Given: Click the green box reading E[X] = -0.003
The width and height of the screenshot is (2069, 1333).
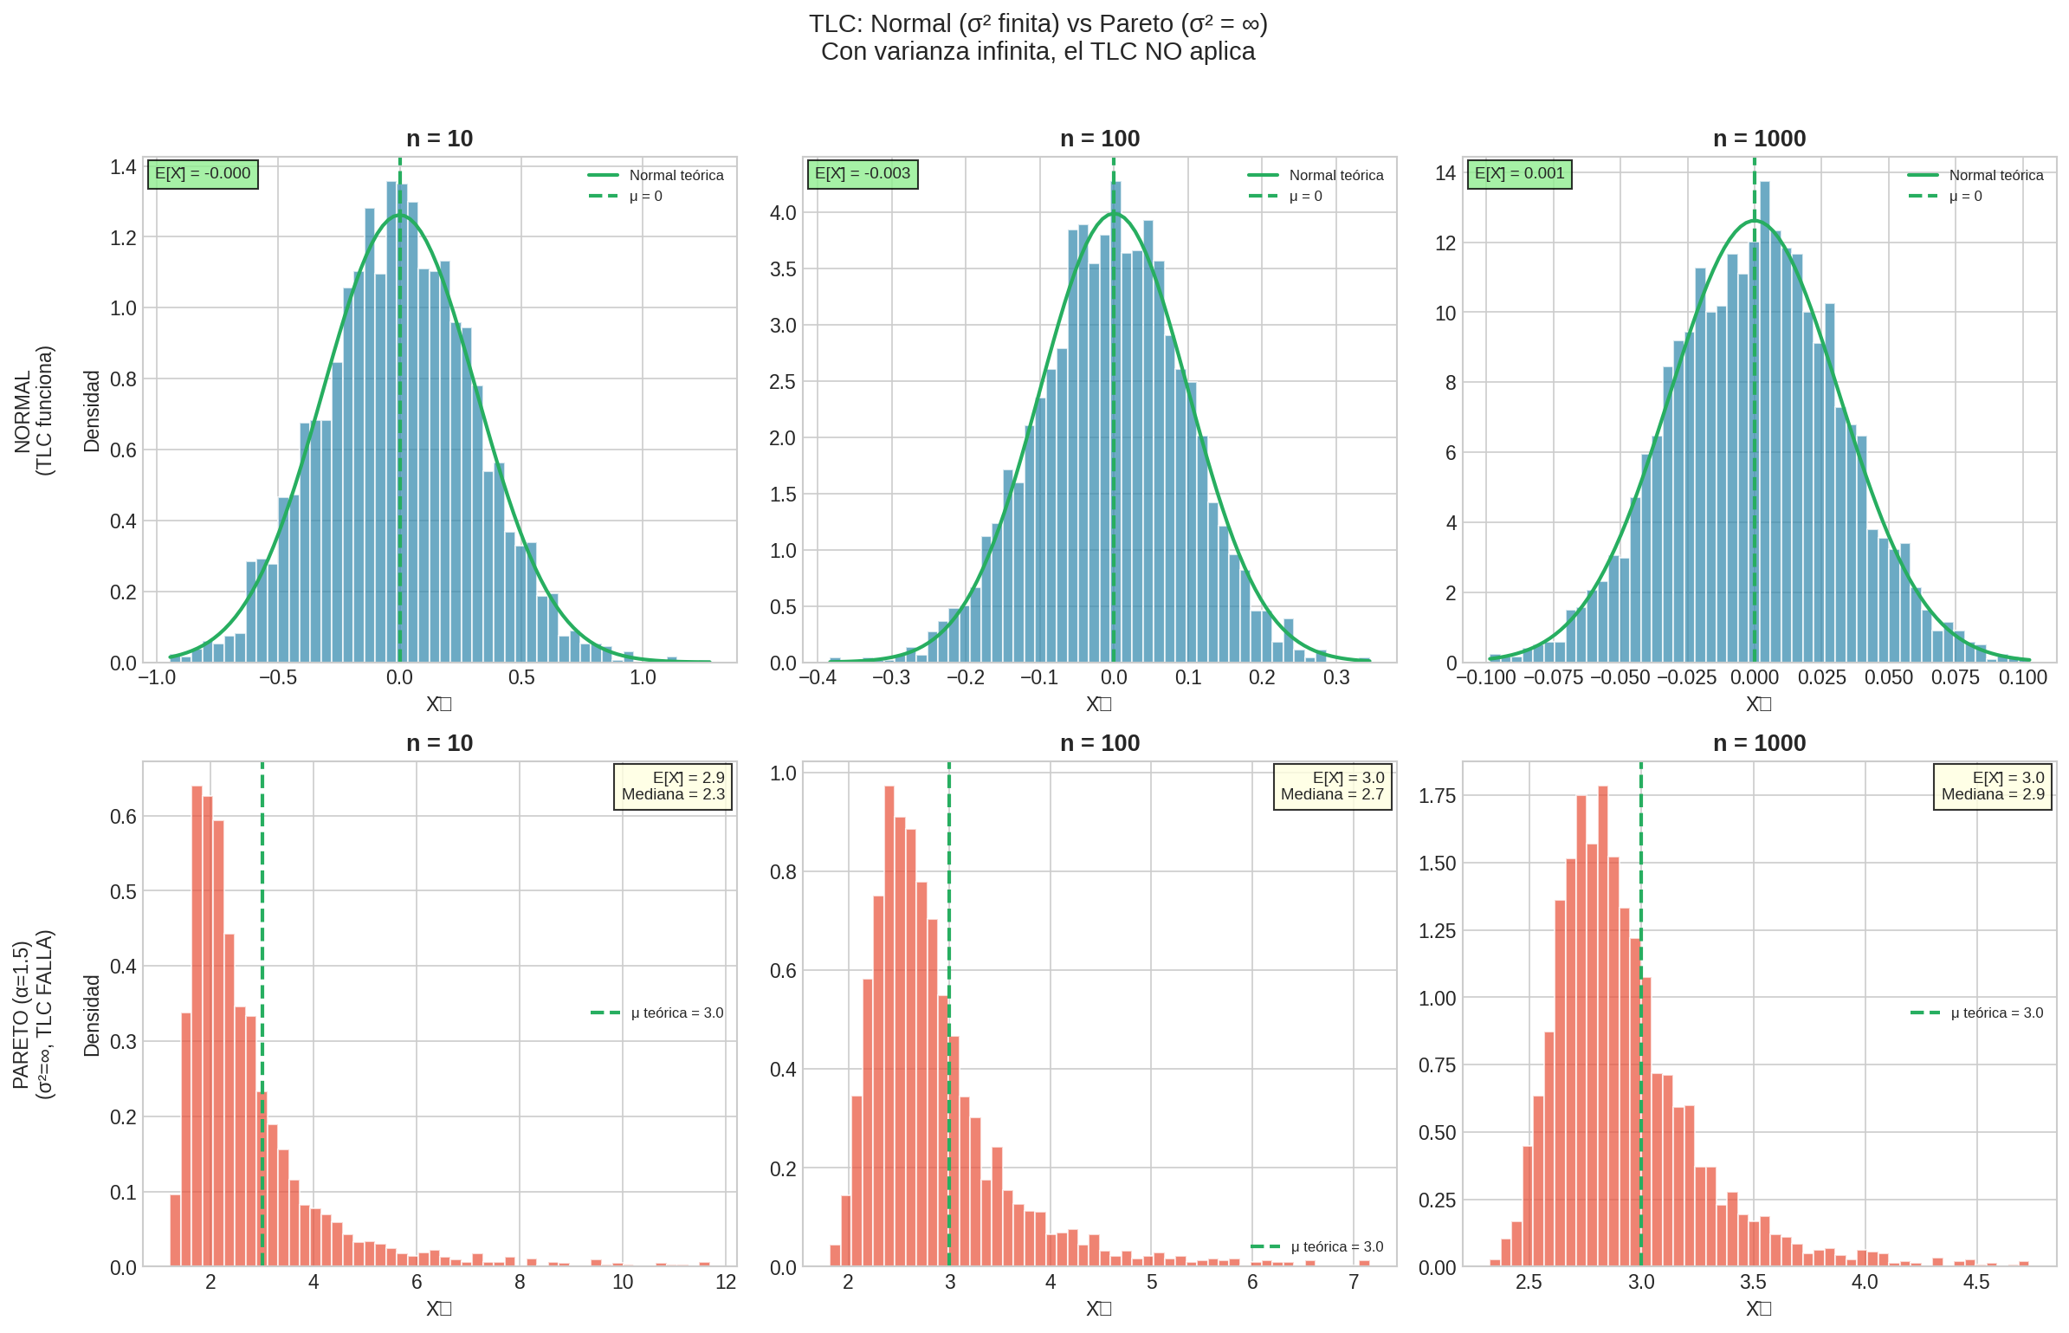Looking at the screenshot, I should (x=862, y=174).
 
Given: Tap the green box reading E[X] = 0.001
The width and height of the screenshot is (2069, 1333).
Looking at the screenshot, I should (x=1519, y=174).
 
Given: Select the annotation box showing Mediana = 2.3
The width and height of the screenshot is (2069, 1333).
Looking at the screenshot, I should (x=673, y=786).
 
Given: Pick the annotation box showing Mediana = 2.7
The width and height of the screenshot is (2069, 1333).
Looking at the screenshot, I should (x=1332, y=786).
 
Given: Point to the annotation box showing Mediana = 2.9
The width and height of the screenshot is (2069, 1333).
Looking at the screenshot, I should (x=1992, y=786).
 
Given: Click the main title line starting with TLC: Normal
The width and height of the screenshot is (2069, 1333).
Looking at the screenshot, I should (x=1038, y=24).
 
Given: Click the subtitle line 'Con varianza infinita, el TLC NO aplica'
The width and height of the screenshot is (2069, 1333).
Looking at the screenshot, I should (x=1038, y=52).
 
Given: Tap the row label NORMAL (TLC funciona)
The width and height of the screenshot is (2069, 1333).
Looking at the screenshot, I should (x=34, y=411).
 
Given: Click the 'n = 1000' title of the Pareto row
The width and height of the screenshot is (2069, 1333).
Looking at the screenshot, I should (x=1759, y=743).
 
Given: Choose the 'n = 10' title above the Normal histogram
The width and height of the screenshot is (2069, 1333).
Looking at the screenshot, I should (x=439, y=139).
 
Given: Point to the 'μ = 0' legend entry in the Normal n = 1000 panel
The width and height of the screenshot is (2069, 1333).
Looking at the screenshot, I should (x=1965, y=197).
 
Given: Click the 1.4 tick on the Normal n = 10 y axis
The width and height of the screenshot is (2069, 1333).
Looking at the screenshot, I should (x=123, y=167).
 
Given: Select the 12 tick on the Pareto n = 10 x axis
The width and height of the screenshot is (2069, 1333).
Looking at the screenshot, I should (x=726, y=1282).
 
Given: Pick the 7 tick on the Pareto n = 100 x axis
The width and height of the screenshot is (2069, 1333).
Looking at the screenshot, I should (x=1354, y=1282).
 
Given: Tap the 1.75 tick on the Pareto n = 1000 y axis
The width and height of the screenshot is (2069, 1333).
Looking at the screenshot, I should (x=1437, y=796).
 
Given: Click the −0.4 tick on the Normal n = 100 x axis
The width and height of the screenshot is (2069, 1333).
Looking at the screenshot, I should (x=818, y=677).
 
